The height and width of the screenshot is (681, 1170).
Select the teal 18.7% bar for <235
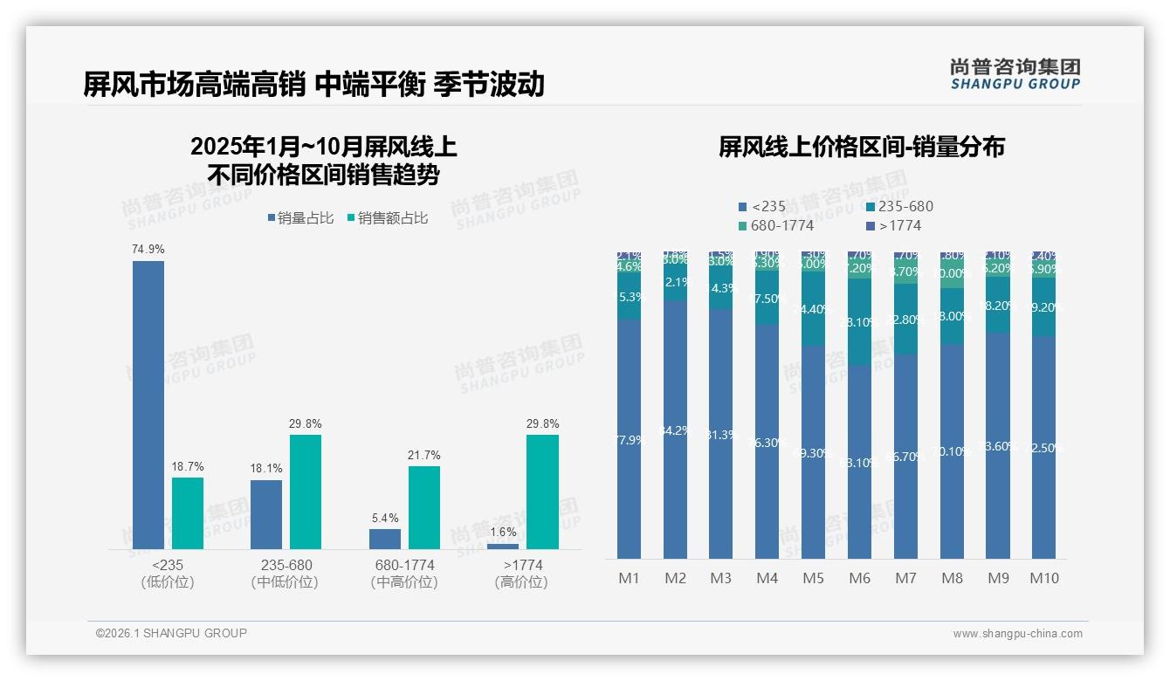188,512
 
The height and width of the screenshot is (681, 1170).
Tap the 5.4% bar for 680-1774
385,539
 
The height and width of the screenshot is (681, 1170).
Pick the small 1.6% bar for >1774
503,547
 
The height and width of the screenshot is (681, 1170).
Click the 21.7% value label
424,456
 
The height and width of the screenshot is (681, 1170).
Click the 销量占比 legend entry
300,218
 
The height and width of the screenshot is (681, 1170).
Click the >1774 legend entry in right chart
894,225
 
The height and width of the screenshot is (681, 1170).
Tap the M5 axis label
813,578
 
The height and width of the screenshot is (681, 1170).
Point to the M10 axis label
1044,578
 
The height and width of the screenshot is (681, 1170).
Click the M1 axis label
630,578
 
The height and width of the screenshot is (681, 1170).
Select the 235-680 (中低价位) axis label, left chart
286,574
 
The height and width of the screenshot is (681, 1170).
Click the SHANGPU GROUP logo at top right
1015,74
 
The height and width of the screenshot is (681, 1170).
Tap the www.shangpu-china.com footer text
1017,634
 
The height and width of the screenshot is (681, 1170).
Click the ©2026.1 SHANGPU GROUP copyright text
171,633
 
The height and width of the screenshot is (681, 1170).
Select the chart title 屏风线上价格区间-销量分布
862,147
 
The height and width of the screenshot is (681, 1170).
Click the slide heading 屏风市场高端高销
194,84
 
